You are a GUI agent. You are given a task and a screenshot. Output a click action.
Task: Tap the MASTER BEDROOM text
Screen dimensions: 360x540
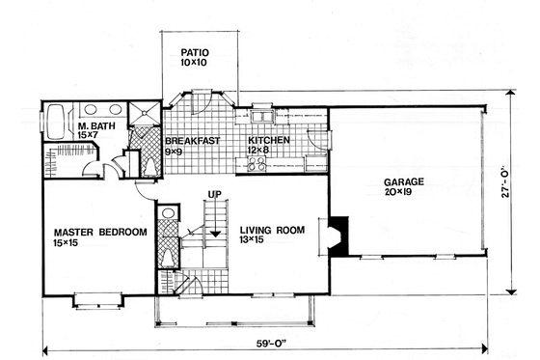click(99, 232)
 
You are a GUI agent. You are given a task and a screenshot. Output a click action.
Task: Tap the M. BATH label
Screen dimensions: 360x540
click(94, 125)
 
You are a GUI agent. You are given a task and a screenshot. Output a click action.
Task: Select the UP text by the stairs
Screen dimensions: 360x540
click(216, 196)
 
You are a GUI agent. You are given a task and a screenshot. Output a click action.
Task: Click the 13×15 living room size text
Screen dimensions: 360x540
click(263, 242)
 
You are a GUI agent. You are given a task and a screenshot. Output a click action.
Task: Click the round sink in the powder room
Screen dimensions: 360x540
click(167, 212)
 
